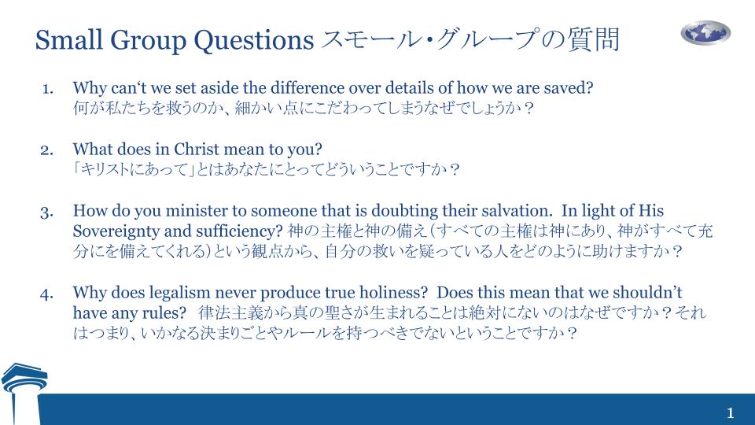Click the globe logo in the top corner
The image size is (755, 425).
[705, 33]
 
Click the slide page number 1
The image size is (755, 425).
[731, 413]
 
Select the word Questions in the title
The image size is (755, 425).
[254, 39]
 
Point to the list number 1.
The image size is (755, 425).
[48, 89]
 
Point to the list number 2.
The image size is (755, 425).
[46, 150]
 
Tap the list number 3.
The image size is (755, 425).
[46, 213]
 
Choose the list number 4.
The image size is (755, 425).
[46, 294]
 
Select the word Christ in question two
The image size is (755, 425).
[196, 149]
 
